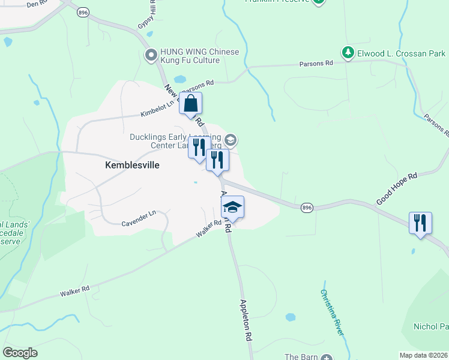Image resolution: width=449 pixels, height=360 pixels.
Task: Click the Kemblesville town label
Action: pos(132,165)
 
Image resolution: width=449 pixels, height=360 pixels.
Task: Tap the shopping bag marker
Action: pos(190,104)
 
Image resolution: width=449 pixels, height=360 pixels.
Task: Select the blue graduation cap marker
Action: pos(232,208)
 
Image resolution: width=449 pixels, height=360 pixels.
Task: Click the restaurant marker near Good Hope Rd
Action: pos(420,223)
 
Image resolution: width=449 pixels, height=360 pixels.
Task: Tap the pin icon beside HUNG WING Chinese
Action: pos(151,56)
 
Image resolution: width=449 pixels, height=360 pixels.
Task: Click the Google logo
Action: pos(20,353)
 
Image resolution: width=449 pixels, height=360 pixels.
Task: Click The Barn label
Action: pos(300,357)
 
